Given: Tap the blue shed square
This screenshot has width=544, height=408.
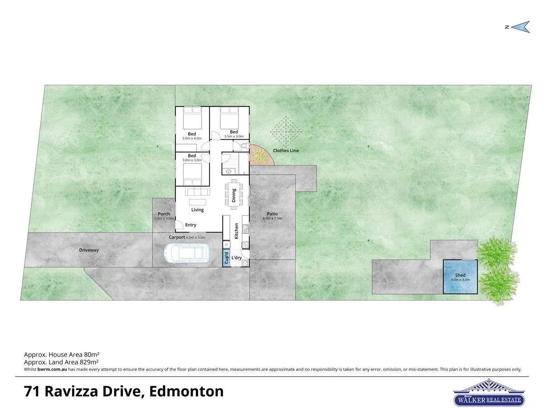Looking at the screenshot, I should tap(460, 277).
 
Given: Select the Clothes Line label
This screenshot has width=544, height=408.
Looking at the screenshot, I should tap(286, 151).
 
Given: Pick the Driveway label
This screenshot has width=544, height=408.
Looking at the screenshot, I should tap(89, 250).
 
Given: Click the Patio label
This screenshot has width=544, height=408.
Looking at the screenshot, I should tap(272, 214).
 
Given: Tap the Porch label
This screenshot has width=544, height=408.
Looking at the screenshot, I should tap(164, 214).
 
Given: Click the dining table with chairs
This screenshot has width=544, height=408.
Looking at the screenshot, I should tap(234, 194).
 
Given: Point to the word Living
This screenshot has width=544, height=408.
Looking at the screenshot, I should tap(197, 210).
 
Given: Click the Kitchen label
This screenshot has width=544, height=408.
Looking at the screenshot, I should tap(236, 231).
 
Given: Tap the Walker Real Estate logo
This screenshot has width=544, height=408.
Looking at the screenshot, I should tap(489, 393).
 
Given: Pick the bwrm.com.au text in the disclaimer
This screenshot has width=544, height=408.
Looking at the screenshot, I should tap(52, 369).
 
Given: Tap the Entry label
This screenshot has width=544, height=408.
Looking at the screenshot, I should tap(190, 225).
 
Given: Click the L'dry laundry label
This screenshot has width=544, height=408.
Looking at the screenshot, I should tap(236, 258).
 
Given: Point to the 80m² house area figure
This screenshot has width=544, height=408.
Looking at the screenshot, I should tap(91, 355).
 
